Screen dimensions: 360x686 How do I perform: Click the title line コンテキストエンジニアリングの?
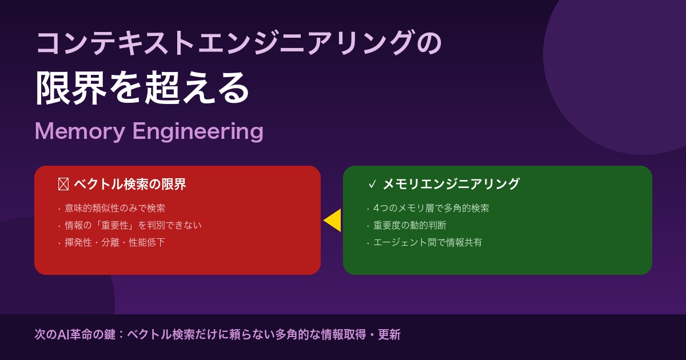tap(238, 44)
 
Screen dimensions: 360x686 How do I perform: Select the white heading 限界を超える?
tap(143, 89)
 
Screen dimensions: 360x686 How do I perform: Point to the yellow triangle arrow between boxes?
tap(333, 221)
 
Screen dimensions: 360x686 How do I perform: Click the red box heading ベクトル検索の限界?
tap(130, 184)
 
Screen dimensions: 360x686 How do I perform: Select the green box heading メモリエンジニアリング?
tap(450, 184)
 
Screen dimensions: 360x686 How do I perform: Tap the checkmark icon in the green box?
tap(372, 184)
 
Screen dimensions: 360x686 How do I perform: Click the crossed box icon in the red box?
tap(63, 184)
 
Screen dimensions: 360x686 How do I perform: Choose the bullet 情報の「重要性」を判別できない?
tap(133, 225)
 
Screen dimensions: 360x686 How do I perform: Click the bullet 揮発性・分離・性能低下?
tap(115, 242)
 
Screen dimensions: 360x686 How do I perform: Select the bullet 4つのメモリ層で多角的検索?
tap(431, 208)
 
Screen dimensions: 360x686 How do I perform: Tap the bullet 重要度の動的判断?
tap(410, 225)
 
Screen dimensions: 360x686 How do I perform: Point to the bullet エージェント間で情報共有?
tap(428, 242)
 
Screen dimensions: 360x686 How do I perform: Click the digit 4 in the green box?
tap(377, 208)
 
